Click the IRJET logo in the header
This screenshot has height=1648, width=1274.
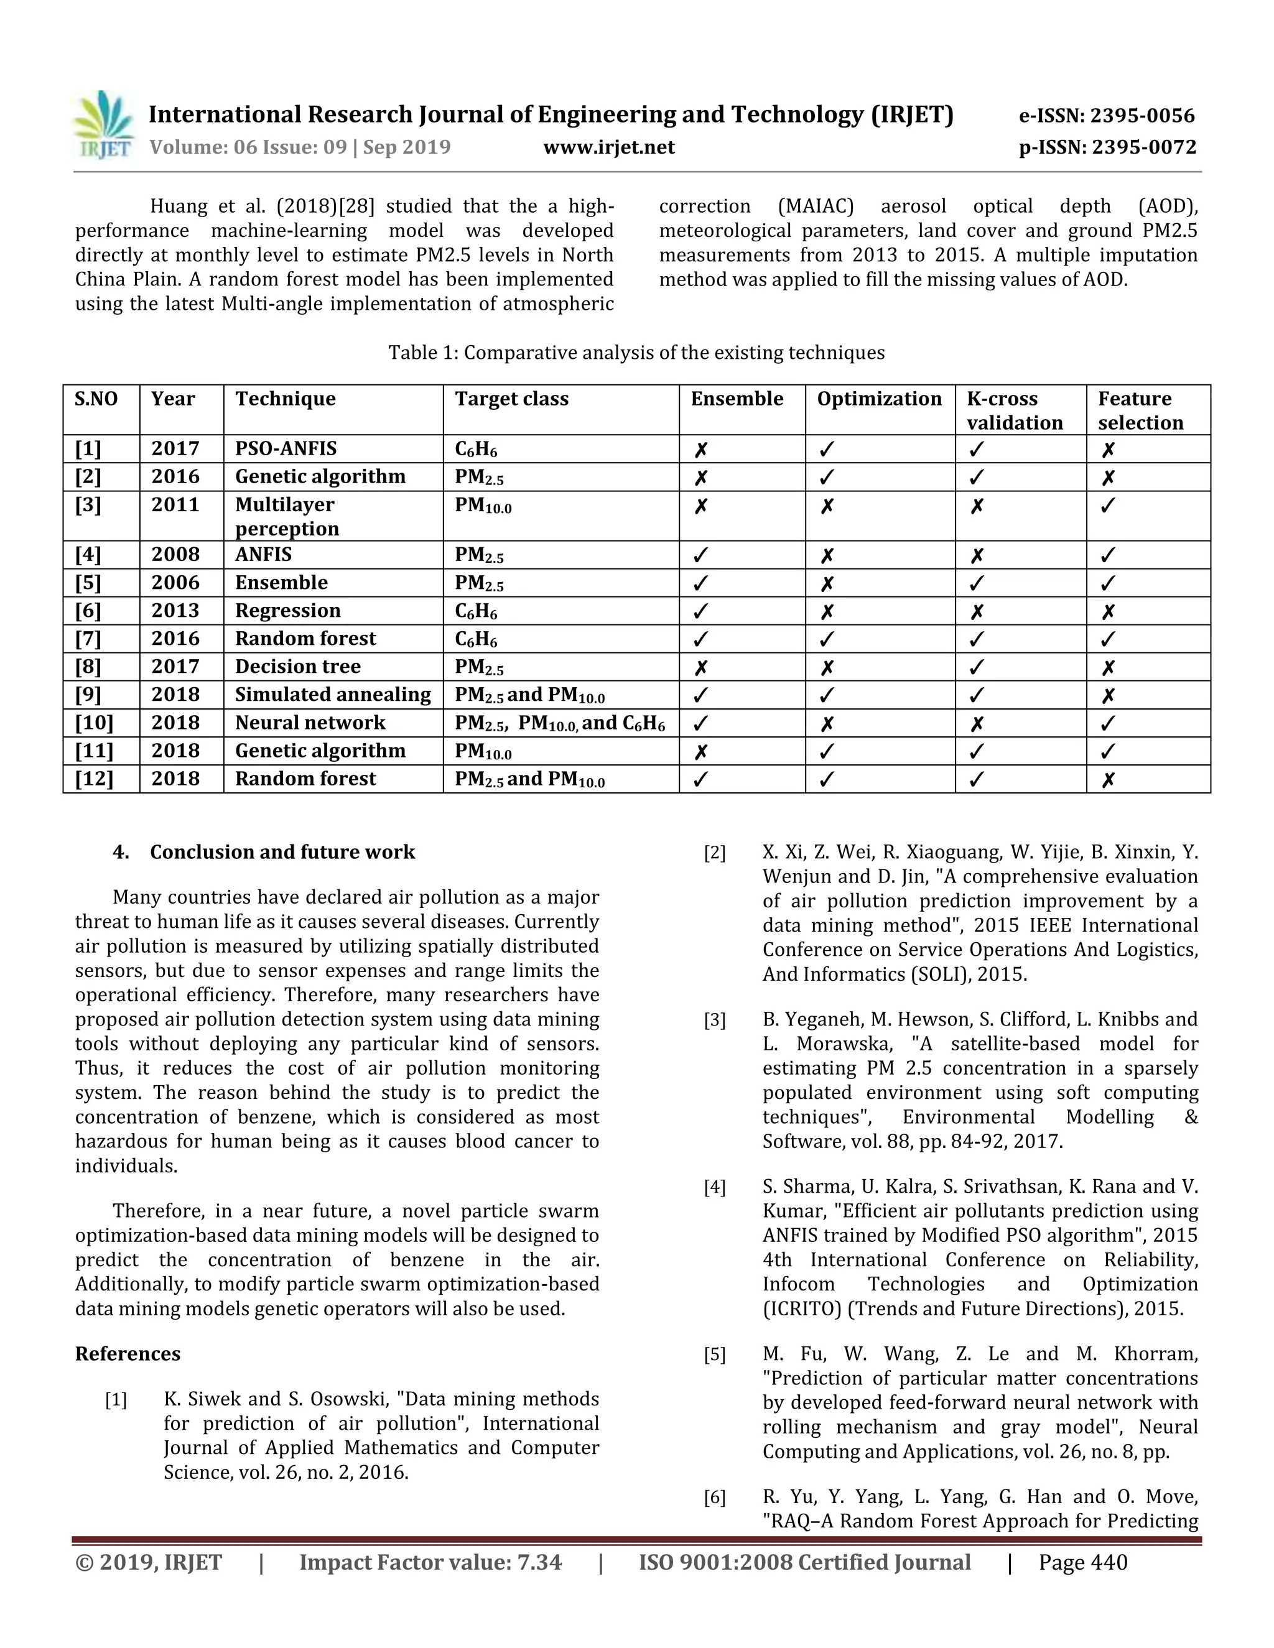[x=104, y=125]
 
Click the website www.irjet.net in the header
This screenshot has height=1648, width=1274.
[x=608, y=147]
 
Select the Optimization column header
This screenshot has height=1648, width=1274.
[x=878, y=399]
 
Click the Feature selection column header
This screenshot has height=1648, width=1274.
[x=1140, y=410]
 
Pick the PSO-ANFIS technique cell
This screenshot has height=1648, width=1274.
[x=286, y=448]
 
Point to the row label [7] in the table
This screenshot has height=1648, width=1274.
[x=88, y=639]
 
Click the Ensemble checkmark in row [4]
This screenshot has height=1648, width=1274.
[x=700, y=555]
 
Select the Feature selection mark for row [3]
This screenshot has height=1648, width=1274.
[x=1107, y=506]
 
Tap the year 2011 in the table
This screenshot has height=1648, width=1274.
[x=175, y=504]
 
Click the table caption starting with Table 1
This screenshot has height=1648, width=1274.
[x=636, y=353]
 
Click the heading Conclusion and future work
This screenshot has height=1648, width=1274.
[x=282, y=852]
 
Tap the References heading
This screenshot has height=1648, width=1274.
[x=128, y=1354]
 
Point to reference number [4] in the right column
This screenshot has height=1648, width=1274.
[x=714, y=1187]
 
